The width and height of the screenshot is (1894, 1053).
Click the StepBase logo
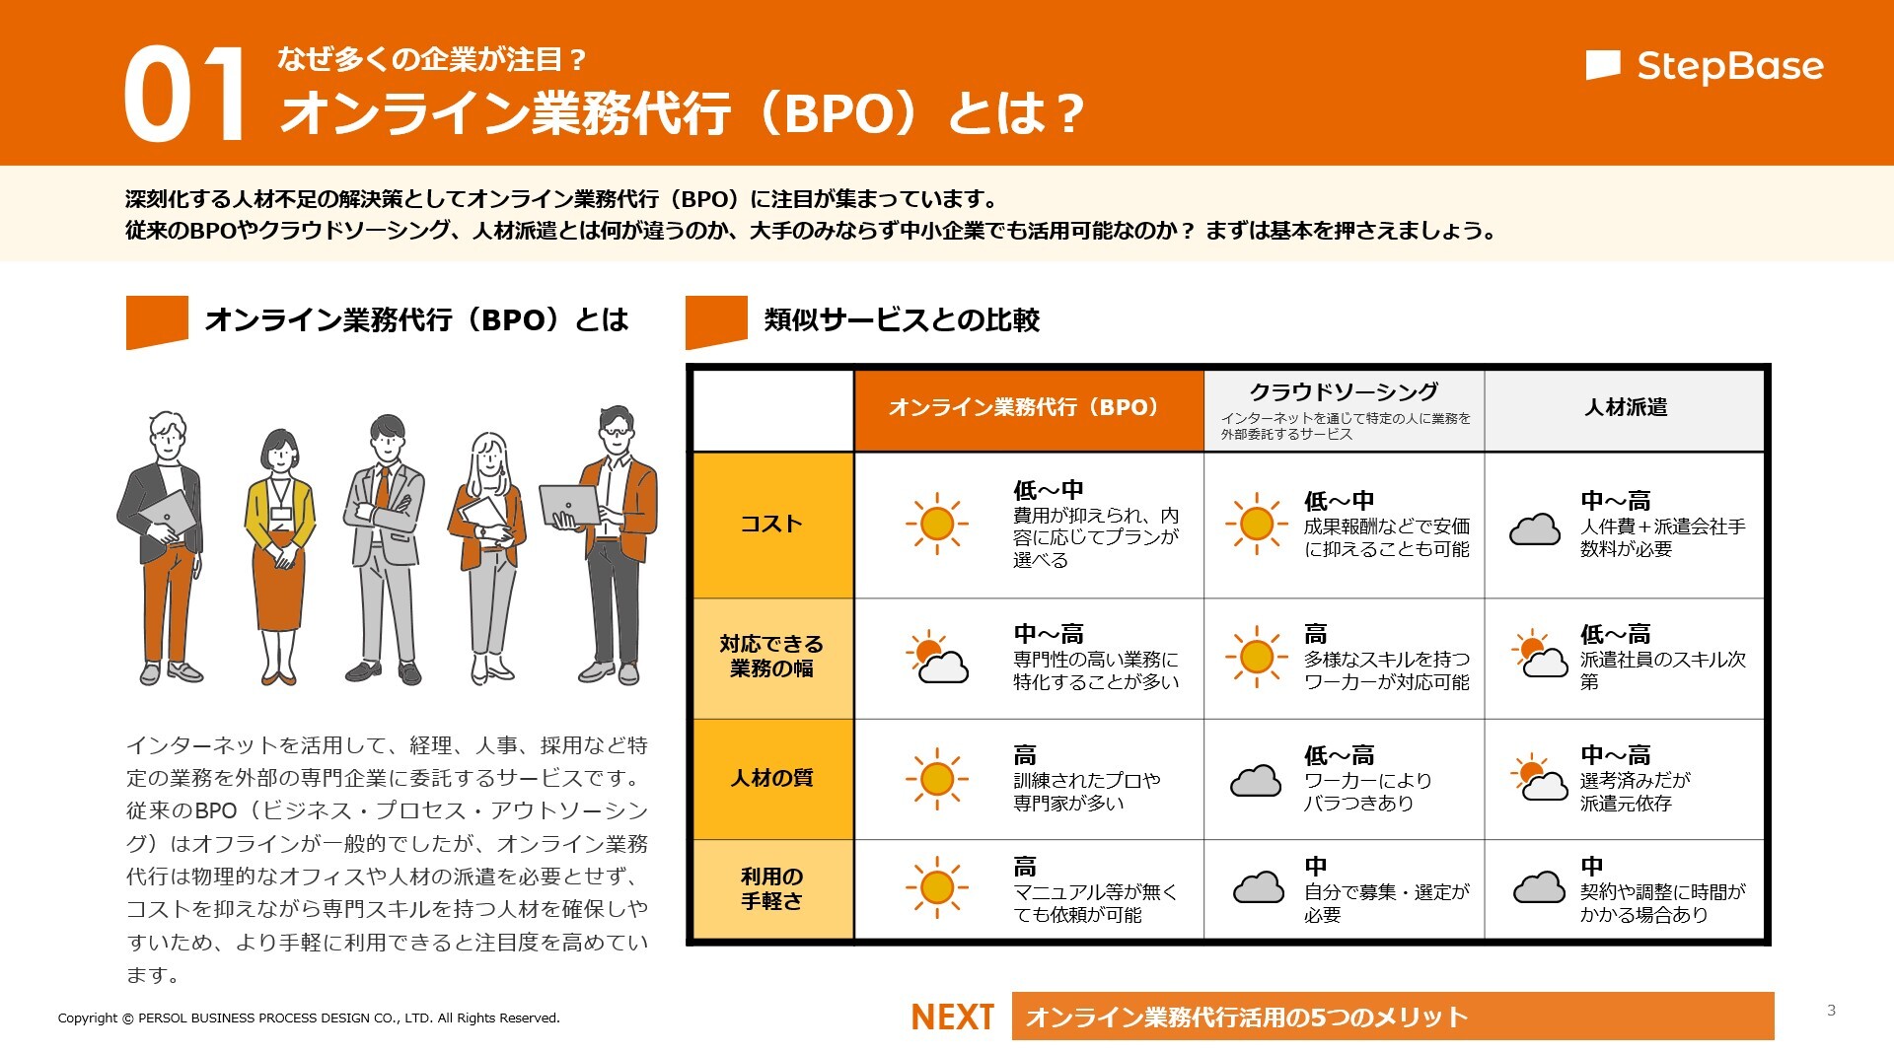1705,66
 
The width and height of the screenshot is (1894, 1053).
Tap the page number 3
1831,1010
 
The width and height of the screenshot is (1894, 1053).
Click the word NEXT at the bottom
951,1017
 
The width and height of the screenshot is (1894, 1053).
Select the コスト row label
771,524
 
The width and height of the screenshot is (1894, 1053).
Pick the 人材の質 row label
771,778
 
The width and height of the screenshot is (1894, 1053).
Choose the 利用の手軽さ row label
771,888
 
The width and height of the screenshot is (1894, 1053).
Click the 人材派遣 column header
1625,407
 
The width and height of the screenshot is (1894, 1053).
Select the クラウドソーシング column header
1344,392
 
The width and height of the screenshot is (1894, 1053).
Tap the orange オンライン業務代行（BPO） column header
1027,407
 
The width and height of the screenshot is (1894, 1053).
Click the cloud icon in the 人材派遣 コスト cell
1535,529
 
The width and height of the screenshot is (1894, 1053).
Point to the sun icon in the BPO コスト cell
936,524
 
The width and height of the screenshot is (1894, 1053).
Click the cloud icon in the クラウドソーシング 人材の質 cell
1256,781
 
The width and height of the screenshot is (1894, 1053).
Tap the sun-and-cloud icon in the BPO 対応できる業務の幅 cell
936,657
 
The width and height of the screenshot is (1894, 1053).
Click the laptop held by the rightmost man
570,505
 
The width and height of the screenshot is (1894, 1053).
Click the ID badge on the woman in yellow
281,514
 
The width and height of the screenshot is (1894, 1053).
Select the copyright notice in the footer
309,1018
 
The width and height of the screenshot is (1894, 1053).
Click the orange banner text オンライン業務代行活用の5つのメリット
1247,1017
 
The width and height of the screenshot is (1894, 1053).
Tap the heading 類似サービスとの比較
901,319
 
